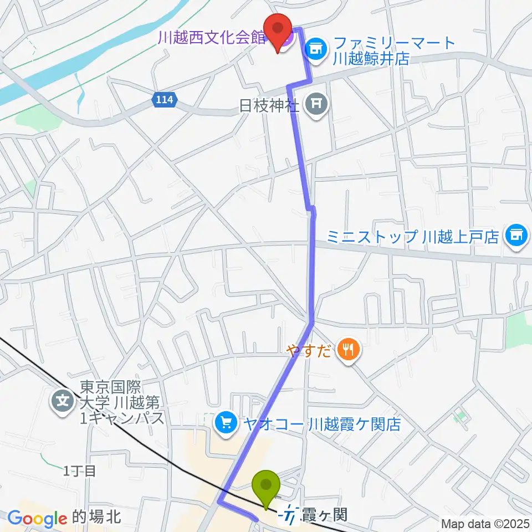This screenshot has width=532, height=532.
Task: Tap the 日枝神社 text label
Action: coord(269,105)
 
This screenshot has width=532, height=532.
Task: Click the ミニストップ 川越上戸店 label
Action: coord(413,237)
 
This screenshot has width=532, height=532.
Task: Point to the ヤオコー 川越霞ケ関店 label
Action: coord(320,424)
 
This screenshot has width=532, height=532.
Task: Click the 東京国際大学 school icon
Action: coord(63,401)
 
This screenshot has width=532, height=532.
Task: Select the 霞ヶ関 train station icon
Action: coord(289,515)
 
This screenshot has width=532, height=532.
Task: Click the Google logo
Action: coord(37,519)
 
